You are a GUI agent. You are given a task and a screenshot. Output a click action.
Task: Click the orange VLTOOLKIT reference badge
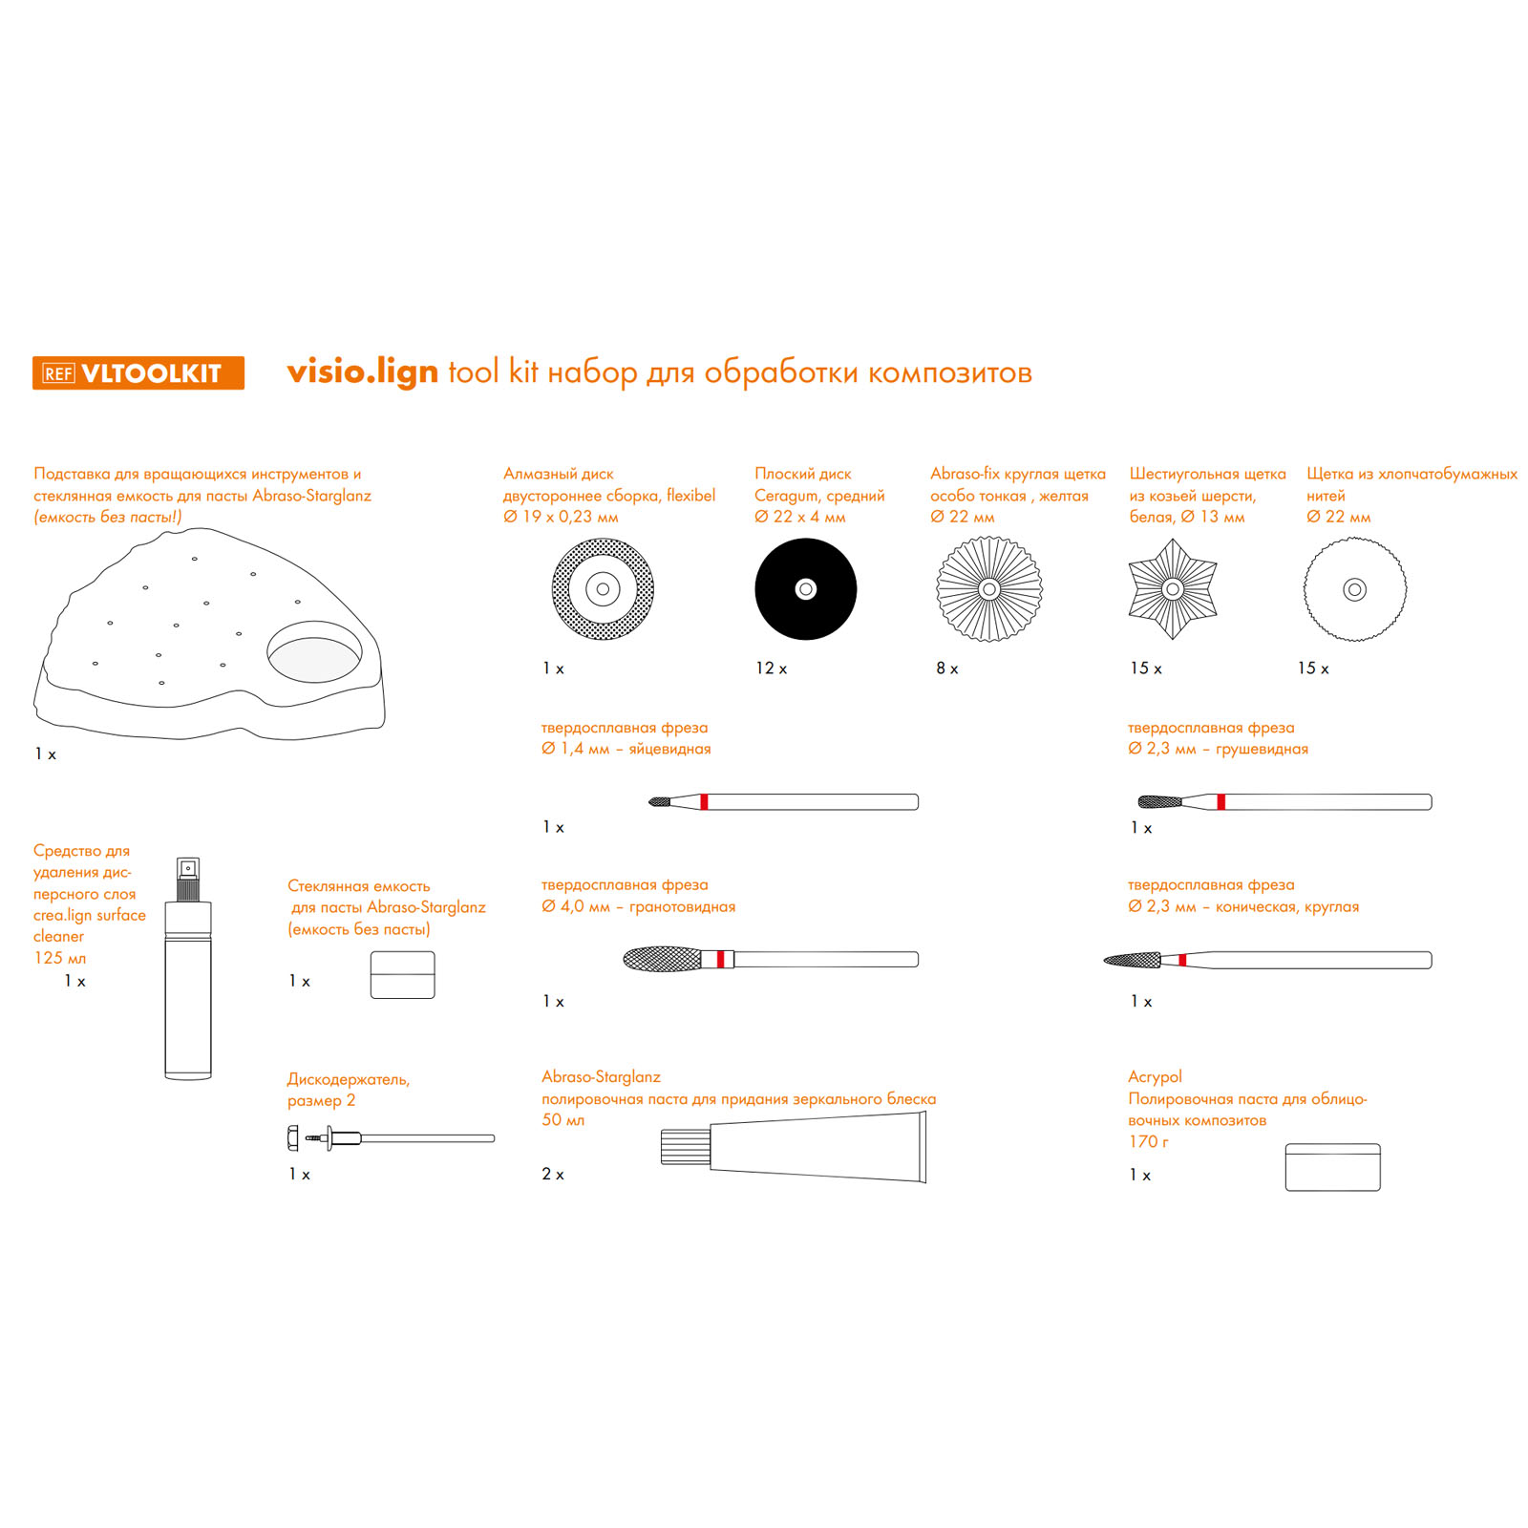138,372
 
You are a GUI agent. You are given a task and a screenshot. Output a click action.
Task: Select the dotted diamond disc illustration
603,589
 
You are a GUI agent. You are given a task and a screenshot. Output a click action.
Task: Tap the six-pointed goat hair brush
1173,589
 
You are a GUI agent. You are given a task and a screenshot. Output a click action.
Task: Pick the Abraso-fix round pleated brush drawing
989,589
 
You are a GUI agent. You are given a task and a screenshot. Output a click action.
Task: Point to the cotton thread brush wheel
1355,589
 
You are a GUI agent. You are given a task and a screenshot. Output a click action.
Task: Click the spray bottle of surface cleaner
188,968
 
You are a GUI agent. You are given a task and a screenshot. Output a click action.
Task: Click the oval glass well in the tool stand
314,652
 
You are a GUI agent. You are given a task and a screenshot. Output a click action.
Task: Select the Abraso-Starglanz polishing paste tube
794,1149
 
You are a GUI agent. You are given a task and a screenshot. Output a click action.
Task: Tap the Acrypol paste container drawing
1332,1167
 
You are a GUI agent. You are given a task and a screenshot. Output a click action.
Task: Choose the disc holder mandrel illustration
391,1138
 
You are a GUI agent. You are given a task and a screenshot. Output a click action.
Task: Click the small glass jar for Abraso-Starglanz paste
402,975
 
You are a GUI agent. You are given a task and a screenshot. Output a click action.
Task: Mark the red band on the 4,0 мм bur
720,959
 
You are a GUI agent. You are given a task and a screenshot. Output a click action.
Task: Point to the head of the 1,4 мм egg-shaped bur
659,801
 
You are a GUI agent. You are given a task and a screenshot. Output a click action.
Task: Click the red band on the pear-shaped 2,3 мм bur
1220,802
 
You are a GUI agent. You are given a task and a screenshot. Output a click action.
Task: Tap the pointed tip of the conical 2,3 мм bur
1105,961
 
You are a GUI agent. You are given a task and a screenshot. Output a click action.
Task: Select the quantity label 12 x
772,668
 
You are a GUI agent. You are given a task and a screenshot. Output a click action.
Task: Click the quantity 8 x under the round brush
947,668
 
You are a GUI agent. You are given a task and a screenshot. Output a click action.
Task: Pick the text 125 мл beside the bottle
60,958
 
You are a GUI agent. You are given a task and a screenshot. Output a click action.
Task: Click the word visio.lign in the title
363,371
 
